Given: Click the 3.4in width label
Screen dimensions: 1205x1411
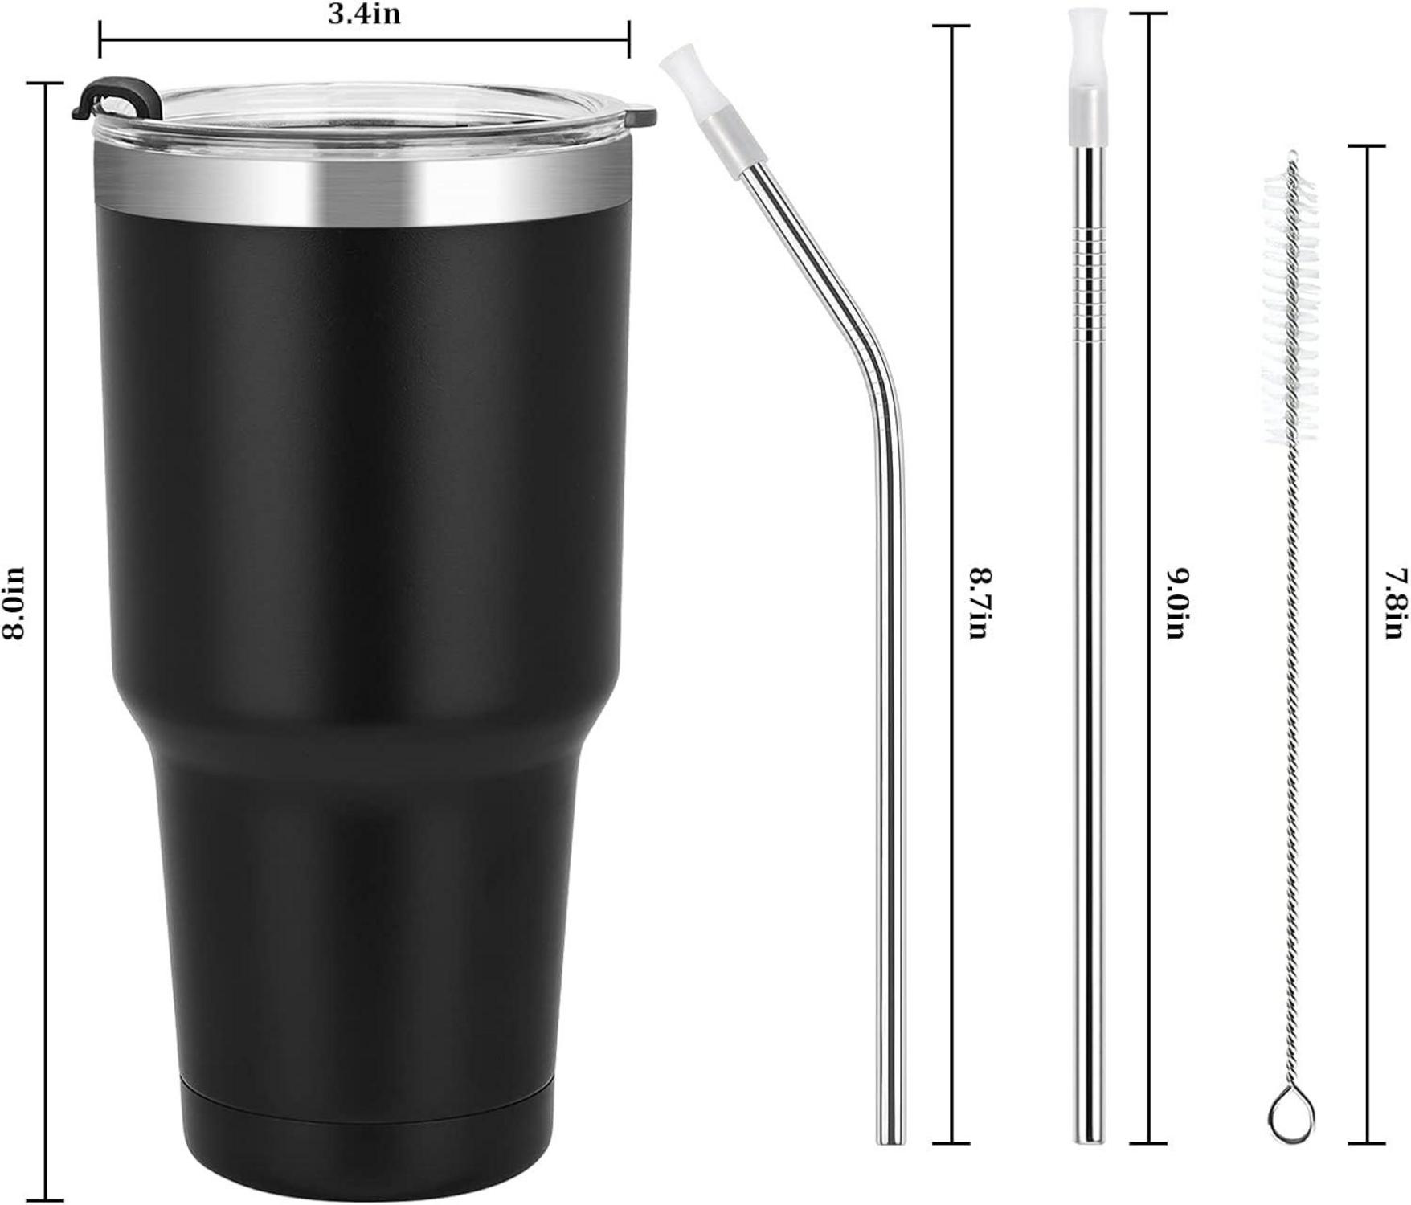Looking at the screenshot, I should point(363,14).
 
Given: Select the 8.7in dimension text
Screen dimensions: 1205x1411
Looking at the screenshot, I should point(978,603).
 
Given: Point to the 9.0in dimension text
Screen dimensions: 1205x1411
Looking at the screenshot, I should point(1177,603).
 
